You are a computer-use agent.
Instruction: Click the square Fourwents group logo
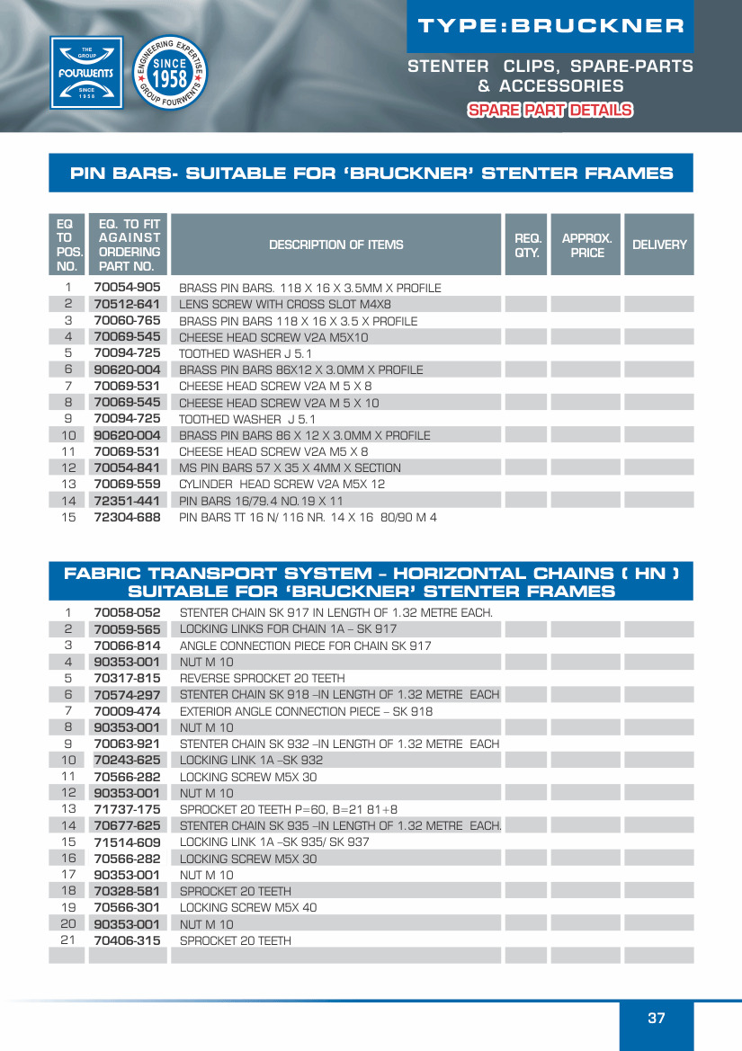[x=85, y=72]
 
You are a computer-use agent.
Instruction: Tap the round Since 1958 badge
[x=169, y=74]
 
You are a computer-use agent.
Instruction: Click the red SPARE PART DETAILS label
[x=550, y=111]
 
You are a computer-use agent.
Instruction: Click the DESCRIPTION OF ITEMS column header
[x=335, y=245]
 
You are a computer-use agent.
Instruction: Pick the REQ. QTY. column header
[x=527, y=245]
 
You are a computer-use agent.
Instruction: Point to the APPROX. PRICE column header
[x=586, y=245]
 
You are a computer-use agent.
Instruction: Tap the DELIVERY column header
[x=659, y=245]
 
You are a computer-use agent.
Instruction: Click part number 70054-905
[x=127, y=288]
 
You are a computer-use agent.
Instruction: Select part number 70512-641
[x=127, y=304]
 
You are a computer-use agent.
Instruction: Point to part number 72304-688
[x=127, y=517]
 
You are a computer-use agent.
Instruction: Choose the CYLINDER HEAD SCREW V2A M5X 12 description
[x=282, y=484]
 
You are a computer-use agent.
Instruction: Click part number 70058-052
[x=127, y=612]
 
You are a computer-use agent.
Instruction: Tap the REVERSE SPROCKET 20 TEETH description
[x=262, y=678]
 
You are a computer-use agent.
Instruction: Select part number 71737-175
[x=127, y=809]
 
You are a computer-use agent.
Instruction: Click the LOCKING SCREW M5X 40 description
[x=248, y=907]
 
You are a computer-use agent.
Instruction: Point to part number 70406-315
[x=127, y=940]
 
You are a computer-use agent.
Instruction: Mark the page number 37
[x=657, y=1018]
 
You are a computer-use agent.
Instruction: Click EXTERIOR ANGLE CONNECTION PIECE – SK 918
[x=306, y=711]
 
